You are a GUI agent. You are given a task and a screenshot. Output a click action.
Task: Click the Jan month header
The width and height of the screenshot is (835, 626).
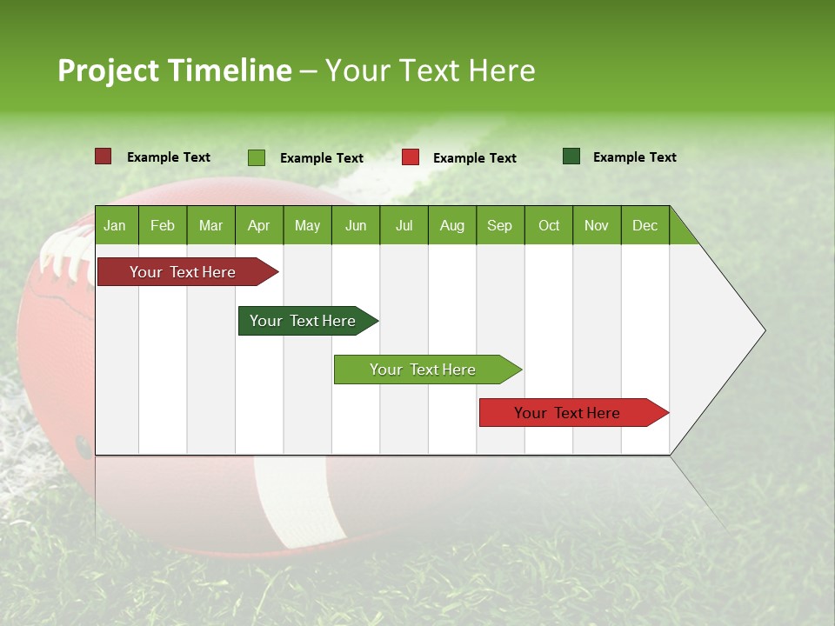coord(115,225)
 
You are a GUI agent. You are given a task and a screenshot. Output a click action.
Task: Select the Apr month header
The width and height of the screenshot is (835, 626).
coord(258,225)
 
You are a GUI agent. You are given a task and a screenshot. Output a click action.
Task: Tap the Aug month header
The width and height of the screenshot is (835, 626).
coord(451,225)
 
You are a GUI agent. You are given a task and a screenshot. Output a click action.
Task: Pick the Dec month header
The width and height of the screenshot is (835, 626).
coord(645,225)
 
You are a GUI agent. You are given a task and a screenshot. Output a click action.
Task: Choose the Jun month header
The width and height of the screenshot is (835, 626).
coord(355,225)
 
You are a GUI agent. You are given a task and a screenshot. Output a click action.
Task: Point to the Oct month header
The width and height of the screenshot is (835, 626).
coord(548,225)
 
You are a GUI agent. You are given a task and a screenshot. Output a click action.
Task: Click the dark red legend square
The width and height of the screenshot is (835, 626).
coord(104,156)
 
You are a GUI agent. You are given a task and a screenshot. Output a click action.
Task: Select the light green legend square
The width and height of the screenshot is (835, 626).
coord(257,157)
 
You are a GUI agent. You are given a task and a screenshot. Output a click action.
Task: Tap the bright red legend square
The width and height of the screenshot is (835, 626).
coord(411,157)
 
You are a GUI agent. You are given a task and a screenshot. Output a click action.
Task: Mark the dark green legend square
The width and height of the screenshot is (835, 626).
coord(571,156)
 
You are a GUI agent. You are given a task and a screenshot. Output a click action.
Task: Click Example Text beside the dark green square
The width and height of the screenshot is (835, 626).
coord(634,156)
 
